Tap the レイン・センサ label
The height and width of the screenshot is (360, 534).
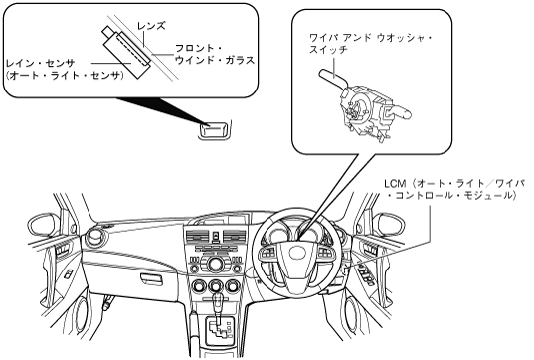(41, 63)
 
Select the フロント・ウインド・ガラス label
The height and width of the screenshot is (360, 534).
(215, 54)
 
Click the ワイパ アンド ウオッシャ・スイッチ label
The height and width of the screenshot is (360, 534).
(371, 43)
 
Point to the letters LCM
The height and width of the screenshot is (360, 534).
(395, 184)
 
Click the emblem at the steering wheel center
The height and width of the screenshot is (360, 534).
(296, 253)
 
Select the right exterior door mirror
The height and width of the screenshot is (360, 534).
(389, 225)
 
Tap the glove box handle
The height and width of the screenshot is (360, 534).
(152, 277)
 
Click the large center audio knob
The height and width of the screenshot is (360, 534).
(216, 264)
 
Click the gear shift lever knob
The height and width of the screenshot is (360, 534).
(218, 299)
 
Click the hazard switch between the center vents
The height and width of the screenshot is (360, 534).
(216, 236)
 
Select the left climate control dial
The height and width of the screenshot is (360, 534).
(198, 286)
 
